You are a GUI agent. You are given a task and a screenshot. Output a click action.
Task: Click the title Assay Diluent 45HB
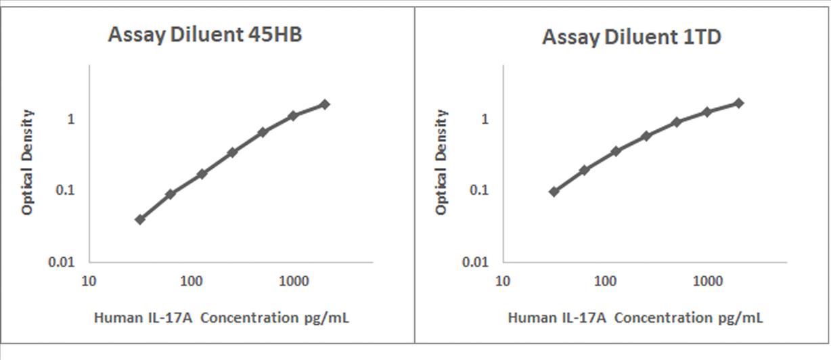click(x=204, y=36)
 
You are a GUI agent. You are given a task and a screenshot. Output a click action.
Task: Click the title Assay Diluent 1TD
click(x=631, y=37)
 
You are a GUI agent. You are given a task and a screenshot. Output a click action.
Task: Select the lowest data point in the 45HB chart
click(x=140, y=219)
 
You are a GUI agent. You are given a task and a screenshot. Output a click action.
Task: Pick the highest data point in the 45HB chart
click(x=325, y=104)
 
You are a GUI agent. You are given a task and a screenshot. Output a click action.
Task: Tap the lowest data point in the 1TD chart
click(x=554, y=192)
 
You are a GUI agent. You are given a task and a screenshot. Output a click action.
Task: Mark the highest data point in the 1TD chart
click(x=739, y=103)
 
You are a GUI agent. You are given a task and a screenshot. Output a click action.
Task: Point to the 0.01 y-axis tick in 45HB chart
click(x=71, y=262)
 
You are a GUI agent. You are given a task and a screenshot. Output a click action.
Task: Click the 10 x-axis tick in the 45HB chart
click(x=89, y=280)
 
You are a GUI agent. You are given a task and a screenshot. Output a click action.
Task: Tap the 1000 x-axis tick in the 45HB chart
click(x=294, y=280)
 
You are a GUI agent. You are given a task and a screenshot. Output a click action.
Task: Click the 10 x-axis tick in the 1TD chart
click(x=503, y=280)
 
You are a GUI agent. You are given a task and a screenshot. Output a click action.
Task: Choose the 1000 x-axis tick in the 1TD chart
click(x=708, y=280)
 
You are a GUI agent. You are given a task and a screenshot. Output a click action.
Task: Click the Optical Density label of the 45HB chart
click(x=27, y=162)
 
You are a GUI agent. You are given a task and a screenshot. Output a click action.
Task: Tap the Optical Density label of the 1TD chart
click(x=441, y=162)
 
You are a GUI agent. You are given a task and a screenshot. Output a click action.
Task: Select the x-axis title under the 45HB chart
click(x=221, y=317)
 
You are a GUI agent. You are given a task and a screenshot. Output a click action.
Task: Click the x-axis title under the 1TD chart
click(x=635, y=317)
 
